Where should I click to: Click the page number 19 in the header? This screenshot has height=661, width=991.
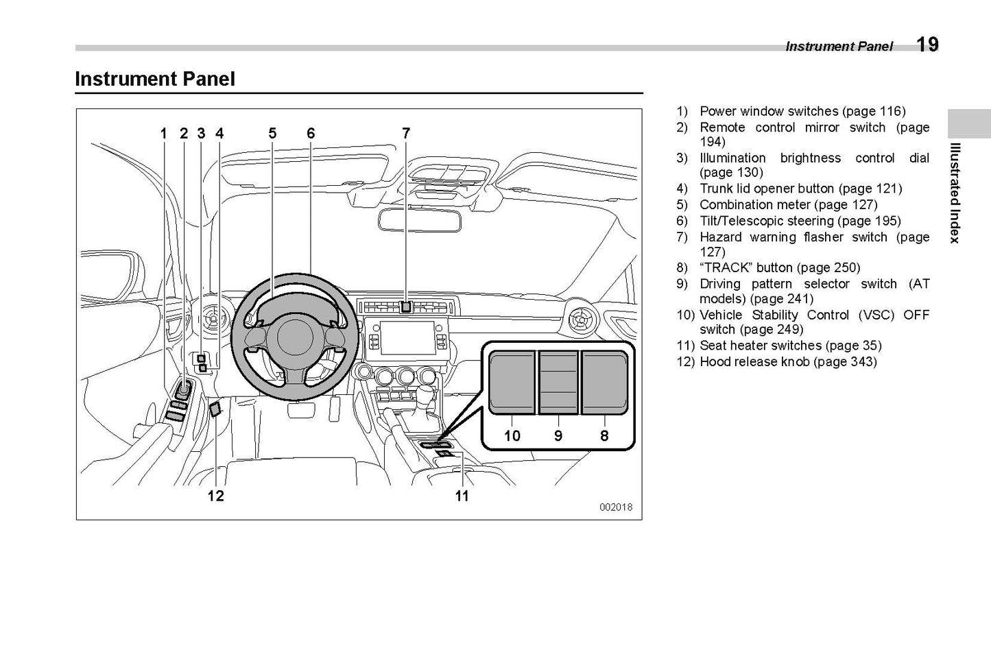(927, 45)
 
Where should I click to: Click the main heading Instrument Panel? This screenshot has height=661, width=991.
(155, 79)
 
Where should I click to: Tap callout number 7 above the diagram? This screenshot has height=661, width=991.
(406, 133)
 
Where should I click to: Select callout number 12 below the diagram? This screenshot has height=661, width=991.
(215, 496)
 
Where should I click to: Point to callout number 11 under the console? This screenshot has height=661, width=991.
(462, 496)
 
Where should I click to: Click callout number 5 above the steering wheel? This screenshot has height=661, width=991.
(272, 133)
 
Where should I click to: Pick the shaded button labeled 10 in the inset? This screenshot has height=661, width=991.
(512, 382)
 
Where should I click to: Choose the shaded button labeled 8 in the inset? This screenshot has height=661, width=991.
(605, 382)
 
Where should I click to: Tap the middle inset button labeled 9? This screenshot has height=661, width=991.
(558, 382)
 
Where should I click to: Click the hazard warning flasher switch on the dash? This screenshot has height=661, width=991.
(406, 307)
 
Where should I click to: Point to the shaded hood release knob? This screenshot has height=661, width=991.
(215, 409)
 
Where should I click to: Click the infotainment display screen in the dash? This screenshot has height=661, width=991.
(407, 337)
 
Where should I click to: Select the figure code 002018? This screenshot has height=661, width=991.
(615, 507)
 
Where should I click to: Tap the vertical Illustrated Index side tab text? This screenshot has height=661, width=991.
(954, 193)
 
